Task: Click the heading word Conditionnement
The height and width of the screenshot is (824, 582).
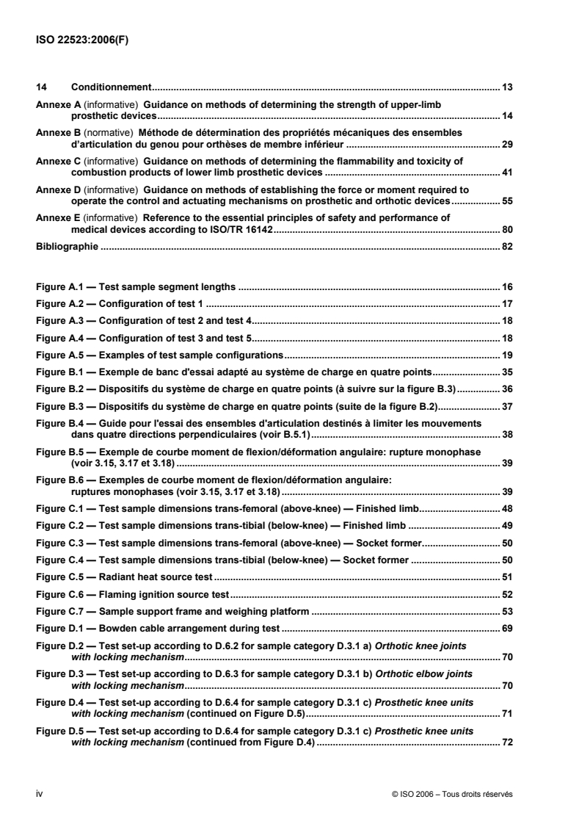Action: click(x=110, y=87)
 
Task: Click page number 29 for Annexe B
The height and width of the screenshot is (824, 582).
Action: click(x=506, y=145)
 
